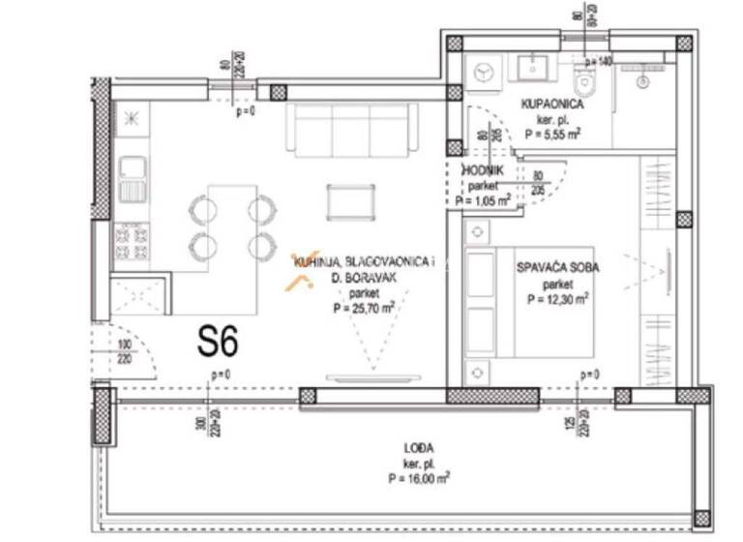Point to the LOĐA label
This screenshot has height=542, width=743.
coord(419,447)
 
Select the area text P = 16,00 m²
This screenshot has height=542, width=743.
coord(419,477)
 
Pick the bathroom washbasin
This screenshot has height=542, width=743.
coord(531,67)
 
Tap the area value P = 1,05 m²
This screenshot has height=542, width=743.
coord(482,202)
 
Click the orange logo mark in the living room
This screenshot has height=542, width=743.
coord(298,280)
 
